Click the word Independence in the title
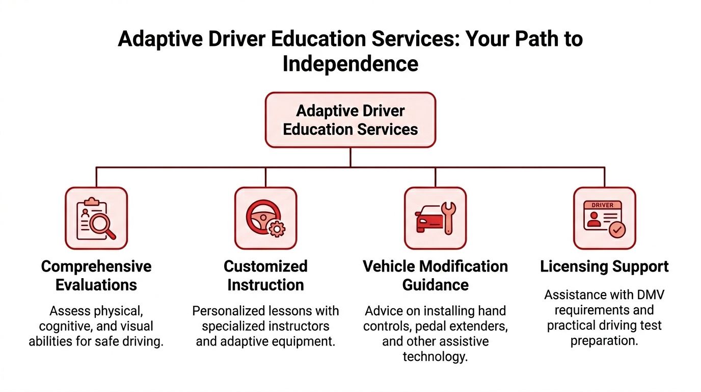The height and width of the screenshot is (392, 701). click(x=350, y=64)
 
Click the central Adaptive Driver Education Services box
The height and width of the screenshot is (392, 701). click(x=350, y=120)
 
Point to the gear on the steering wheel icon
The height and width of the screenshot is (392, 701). click(x=277, y=229)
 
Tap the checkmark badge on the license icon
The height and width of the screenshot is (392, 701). click(x=617, y=230)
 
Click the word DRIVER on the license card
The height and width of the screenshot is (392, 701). click(x=602, y=205)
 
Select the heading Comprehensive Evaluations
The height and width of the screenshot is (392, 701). click(x=96, y=276)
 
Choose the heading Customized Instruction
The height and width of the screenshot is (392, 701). click(x=266, y=276)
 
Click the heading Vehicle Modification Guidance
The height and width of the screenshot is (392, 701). click(x=435, y=276)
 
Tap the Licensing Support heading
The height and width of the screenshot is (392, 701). click(x=604, y=266)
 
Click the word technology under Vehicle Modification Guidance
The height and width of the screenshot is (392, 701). click(x=435, y=357)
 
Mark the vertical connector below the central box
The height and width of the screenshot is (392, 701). click(x=350, y=157)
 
